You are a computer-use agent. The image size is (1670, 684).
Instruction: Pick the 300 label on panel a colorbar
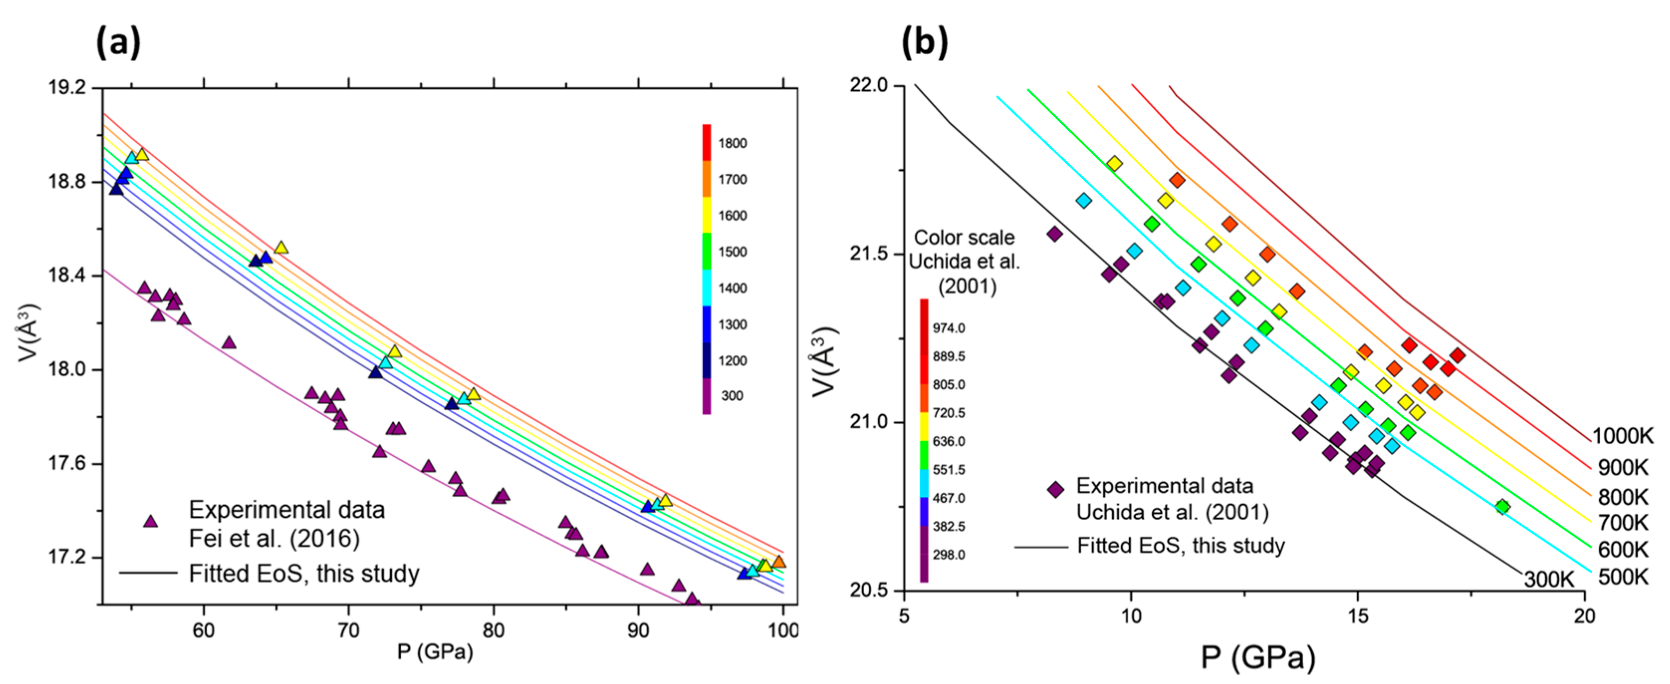[x=732, y=396]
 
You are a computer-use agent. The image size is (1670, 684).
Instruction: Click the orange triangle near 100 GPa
[x=779, y=562]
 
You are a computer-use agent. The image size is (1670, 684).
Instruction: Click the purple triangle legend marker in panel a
[x=150, y=521]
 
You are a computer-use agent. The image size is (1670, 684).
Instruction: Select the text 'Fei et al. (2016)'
[x=274, y=538]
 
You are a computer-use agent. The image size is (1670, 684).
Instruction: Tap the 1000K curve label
[x=1623, y=436]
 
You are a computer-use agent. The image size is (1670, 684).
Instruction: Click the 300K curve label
[x=1548, y=579]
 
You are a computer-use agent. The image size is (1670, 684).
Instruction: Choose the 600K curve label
[x=1623, y=550]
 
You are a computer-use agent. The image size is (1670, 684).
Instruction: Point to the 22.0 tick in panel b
[x=868, y=86]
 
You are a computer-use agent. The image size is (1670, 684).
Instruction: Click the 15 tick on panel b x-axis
[x=1357, y=615]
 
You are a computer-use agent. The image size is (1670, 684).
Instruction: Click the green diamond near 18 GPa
[x=1502, y=506]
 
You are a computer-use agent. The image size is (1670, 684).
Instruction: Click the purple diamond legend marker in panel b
[x=1055, y=489]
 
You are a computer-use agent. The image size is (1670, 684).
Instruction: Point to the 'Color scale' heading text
[x=964, y=238]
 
